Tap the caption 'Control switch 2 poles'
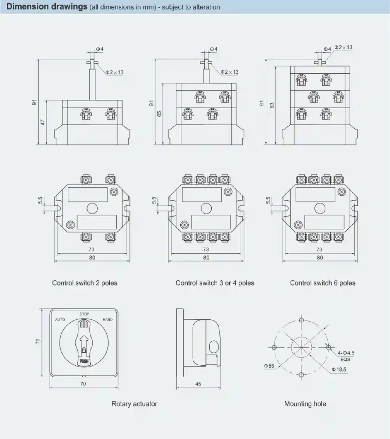coord(84,283)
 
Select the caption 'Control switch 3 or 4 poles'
coord(215,283)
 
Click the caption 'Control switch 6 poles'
coord(323,283)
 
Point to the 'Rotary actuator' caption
coord(134,404)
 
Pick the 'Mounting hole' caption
coord(305,404)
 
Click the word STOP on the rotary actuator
coord(84,314)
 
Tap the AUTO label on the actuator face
coord(60,320)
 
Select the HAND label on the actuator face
coord(108,320)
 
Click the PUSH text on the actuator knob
coord(84,361)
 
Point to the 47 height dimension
coord(43,122)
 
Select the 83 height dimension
coord(272,105)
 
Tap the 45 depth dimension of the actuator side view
coord(198,384)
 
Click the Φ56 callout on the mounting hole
coord(269,366)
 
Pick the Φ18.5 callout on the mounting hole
coord(339,369)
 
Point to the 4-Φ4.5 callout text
coord(346,353)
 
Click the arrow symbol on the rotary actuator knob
coord(84,343)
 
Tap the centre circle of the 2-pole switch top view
coord(91,209)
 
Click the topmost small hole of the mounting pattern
coord(301,320)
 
